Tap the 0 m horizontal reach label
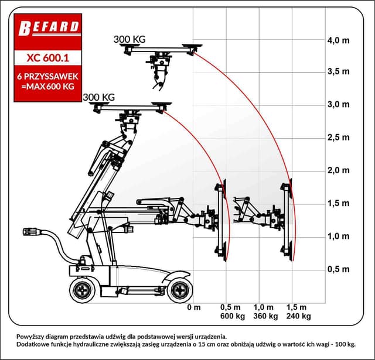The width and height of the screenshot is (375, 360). pos(194,307)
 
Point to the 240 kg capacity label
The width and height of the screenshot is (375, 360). pos(298,316)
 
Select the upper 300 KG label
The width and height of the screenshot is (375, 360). pos(129,40)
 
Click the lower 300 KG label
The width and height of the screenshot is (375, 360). pos(98,97)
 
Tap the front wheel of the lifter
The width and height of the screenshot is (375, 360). pos(179,289)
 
